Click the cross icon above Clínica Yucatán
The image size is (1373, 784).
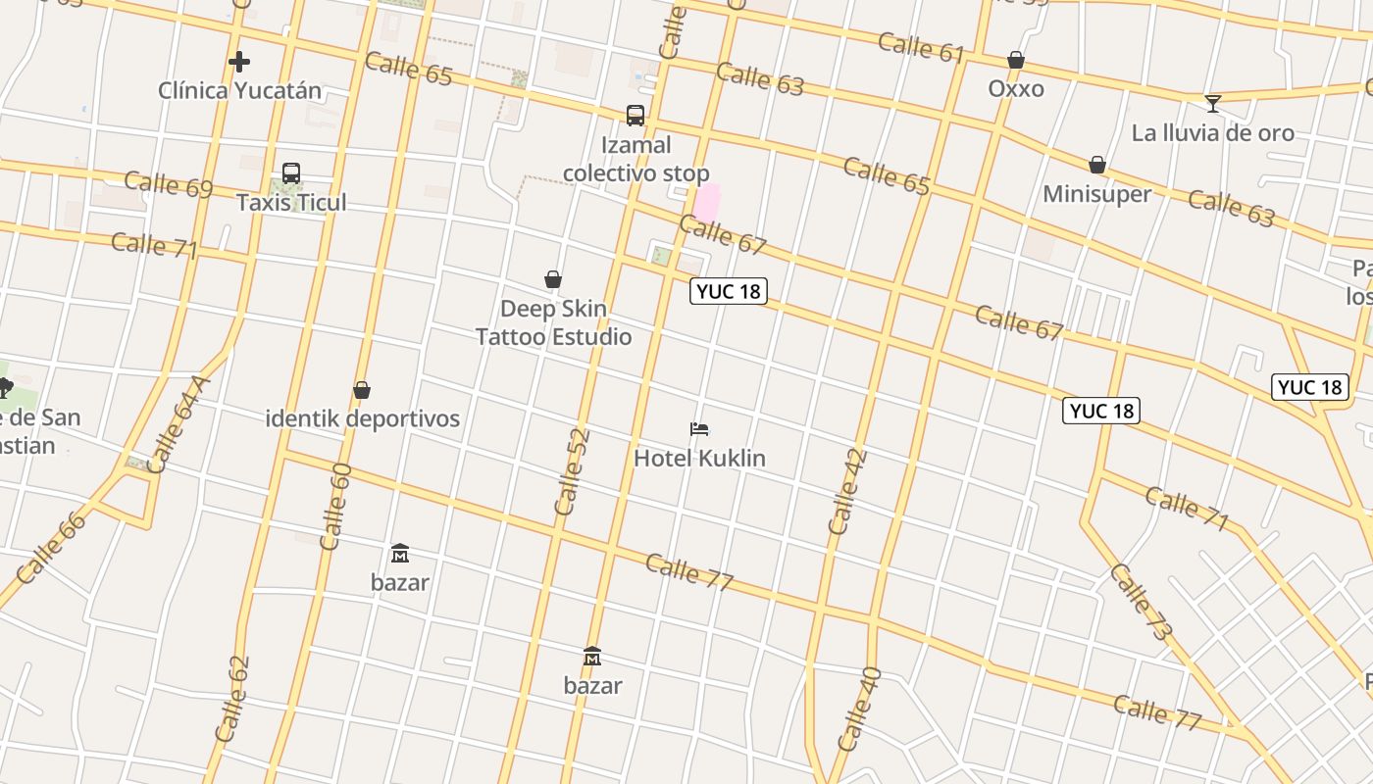(x=238, y=62)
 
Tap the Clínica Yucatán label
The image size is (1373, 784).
(x=239, y=91)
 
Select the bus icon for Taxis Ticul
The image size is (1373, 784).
(x=291, y=173)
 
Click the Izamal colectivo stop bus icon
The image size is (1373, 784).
(x=636, y=116)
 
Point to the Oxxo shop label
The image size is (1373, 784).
(x=1016, y=89)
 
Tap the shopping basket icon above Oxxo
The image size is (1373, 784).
(x=1016, y=61)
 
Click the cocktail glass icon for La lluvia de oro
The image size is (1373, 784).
(x=1213, y=103)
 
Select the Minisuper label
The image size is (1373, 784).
(x=1096, y=194)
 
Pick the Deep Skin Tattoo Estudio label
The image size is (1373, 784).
(x=553, y=322)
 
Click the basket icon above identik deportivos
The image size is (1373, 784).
(x=362, y=390)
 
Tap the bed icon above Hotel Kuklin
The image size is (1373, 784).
(x=699, y=429)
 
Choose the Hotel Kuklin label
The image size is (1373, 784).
(x=699, y=458)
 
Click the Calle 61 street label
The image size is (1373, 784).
(x=921, y=46)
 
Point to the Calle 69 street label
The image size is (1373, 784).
(x=169, y=184)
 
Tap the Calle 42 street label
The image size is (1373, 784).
(x=847, y=491)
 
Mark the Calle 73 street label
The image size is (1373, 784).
(x=1141, y=602)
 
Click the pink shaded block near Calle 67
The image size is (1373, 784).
(x=707, y=203)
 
